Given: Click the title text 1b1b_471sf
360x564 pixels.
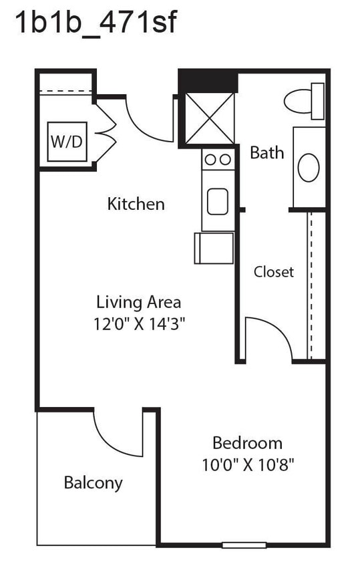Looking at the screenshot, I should coord(96,23).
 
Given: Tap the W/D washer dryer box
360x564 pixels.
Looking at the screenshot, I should coord(67,142).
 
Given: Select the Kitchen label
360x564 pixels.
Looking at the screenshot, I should coord(136,204).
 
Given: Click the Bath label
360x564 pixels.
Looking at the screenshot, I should coord(266,152).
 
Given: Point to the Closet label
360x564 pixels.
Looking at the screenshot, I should coord(273,272).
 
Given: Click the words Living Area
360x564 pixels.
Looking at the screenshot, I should coord(138,302).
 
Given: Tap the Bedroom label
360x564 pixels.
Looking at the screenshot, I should coord(247,442).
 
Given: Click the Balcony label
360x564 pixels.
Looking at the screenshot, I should coord(93,482).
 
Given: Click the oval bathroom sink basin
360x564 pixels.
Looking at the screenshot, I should coord(309,167).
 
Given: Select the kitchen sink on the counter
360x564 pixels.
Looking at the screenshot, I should coord(218,201).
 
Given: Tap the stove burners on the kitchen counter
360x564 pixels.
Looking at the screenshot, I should coord(218,160).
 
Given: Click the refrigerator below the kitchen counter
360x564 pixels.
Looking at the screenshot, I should coord(214,248).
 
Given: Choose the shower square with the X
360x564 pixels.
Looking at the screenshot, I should coord(209,118).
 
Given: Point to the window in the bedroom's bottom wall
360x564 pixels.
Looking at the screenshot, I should coord(244,545).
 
